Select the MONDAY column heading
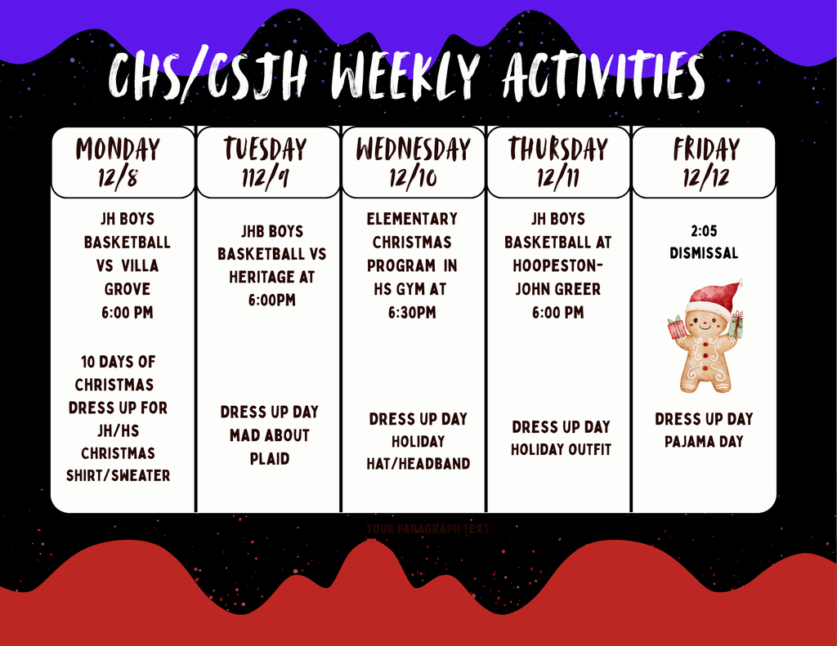(x=118, y=149)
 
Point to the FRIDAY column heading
(x=706, y=149)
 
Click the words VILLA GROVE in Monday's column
(x=128, y=277)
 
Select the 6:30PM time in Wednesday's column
(x=412, y=313)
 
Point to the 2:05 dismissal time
(x=703, y=231)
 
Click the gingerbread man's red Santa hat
(x=713, y=297)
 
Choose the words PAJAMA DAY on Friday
(x=704, y=442)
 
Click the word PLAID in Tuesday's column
(x=270, y=459)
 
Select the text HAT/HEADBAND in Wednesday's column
(x=418, y=464)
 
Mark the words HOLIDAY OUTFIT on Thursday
(x=561, y=449)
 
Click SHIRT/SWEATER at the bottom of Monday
(x=119, y=475)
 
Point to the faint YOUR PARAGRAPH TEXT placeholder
(x=427, y=529)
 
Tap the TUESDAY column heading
(x=266, y=149)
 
